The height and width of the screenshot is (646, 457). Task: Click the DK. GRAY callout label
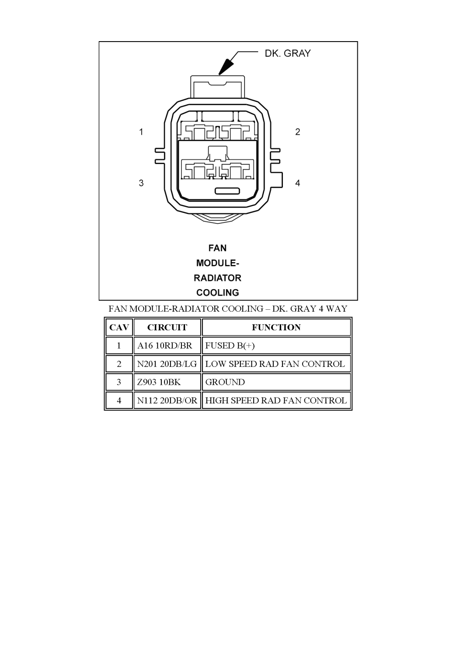287,53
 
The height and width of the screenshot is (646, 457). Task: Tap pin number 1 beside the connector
142,132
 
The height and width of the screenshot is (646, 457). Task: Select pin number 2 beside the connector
298,132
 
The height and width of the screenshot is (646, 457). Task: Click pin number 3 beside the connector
142,183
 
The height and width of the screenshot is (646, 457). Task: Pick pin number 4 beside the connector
298,183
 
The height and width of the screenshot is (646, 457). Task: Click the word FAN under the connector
218,248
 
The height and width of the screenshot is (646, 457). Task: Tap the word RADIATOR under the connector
218,278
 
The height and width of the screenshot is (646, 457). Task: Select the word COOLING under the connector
218,292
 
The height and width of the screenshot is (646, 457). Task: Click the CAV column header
119,328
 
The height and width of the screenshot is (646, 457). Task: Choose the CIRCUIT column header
167,328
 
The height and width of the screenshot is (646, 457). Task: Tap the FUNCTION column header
276,328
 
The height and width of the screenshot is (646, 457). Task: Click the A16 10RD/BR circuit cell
165,346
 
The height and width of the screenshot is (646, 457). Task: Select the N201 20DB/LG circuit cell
167,364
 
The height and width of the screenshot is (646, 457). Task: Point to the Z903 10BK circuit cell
159,382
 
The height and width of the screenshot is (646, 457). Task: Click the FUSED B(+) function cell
230,346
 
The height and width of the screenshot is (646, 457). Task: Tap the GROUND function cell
225,382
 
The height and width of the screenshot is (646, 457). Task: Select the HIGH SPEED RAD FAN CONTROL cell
276,401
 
